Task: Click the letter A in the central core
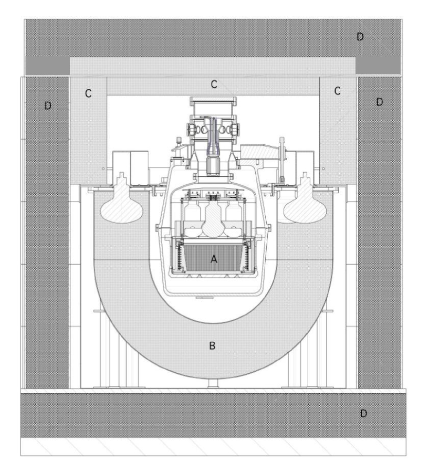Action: click(x=214, y=259)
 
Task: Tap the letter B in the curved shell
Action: click(x=212, y=345)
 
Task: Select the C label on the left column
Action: click(x=88, y=93)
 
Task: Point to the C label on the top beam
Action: click(x=214, y=85)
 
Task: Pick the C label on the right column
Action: click(x=337, y=91)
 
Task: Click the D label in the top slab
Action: click(x=360, y=37)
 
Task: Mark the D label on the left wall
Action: click(x=48, y=106)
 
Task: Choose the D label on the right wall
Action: click(x=380, y=102)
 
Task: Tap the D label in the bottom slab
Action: click(x=363, y=413)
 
